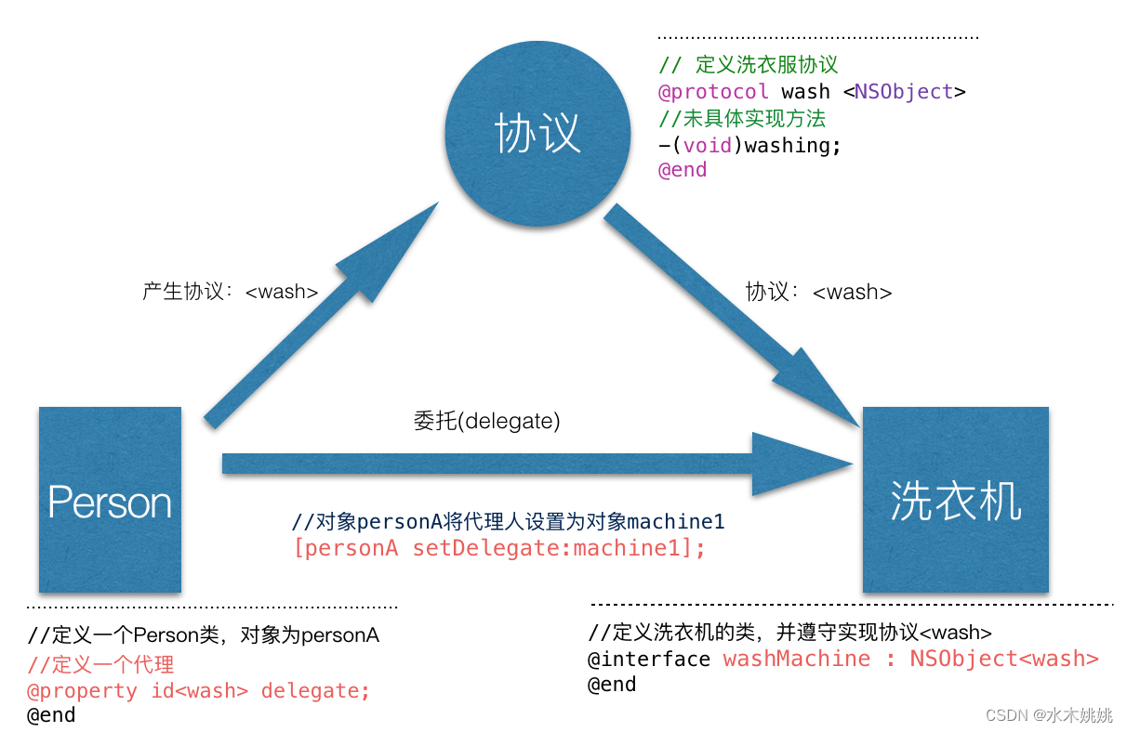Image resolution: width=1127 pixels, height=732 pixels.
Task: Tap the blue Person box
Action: pyautogui.click(x=110, y=500)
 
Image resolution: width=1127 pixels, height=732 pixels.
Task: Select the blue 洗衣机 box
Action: pyautogui.click(x=955, y=500)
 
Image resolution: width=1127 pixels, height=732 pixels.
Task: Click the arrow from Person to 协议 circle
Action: pyautogui.click(x=316, y=316)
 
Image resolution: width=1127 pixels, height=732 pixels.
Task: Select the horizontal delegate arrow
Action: pyautogui.click(x=530, y=463)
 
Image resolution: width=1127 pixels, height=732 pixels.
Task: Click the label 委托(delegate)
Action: pyautogui.click(x=486, y=422)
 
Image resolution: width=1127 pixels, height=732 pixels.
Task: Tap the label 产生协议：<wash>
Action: pyautogui.click(x=230, y=292)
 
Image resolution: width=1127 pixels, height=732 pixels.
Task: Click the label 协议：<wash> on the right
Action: pyautogui.click(x=818, y=292)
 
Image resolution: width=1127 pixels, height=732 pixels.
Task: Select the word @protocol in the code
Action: pyautogui.click(x=713, y=92)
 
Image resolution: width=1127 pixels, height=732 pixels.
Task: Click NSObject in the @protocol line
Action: pyautogui.click(x=904, y=92)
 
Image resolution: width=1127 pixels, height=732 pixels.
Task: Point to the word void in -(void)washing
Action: pyautogui.click(x=707, y=145)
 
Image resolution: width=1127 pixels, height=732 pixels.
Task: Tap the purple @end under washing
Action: pyautogui.click(x=683, y=170)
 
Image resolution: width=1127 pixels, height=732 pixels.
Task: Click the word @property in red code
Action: pyautogui.click(x=82, y=691)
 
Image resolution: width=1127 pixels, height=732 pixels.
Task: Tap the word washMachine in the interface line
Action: pyautogui.click(x=797, y=659)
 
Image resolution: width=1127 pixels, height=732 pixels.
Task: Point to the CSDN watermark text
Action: pyautogui.click(x=1049, y=715)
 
